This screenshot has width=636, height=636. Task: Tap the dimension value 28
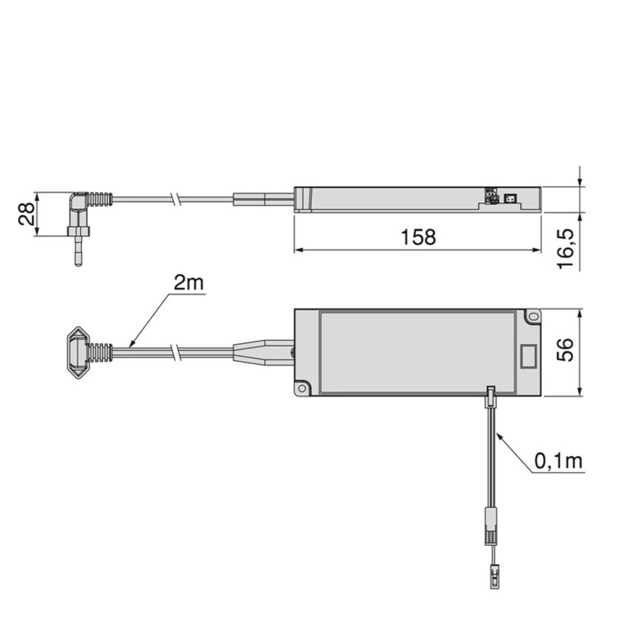coord(26,214)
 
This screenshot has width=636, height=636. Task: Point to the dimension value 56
coord(564,350)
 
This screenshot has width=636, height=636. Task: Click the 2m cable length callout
coord(189,283)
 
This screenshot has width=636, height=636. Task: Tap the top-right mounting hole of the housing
coord(533,316)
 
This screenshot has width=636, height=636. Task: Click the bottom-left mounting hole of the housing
coord(302,388)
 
